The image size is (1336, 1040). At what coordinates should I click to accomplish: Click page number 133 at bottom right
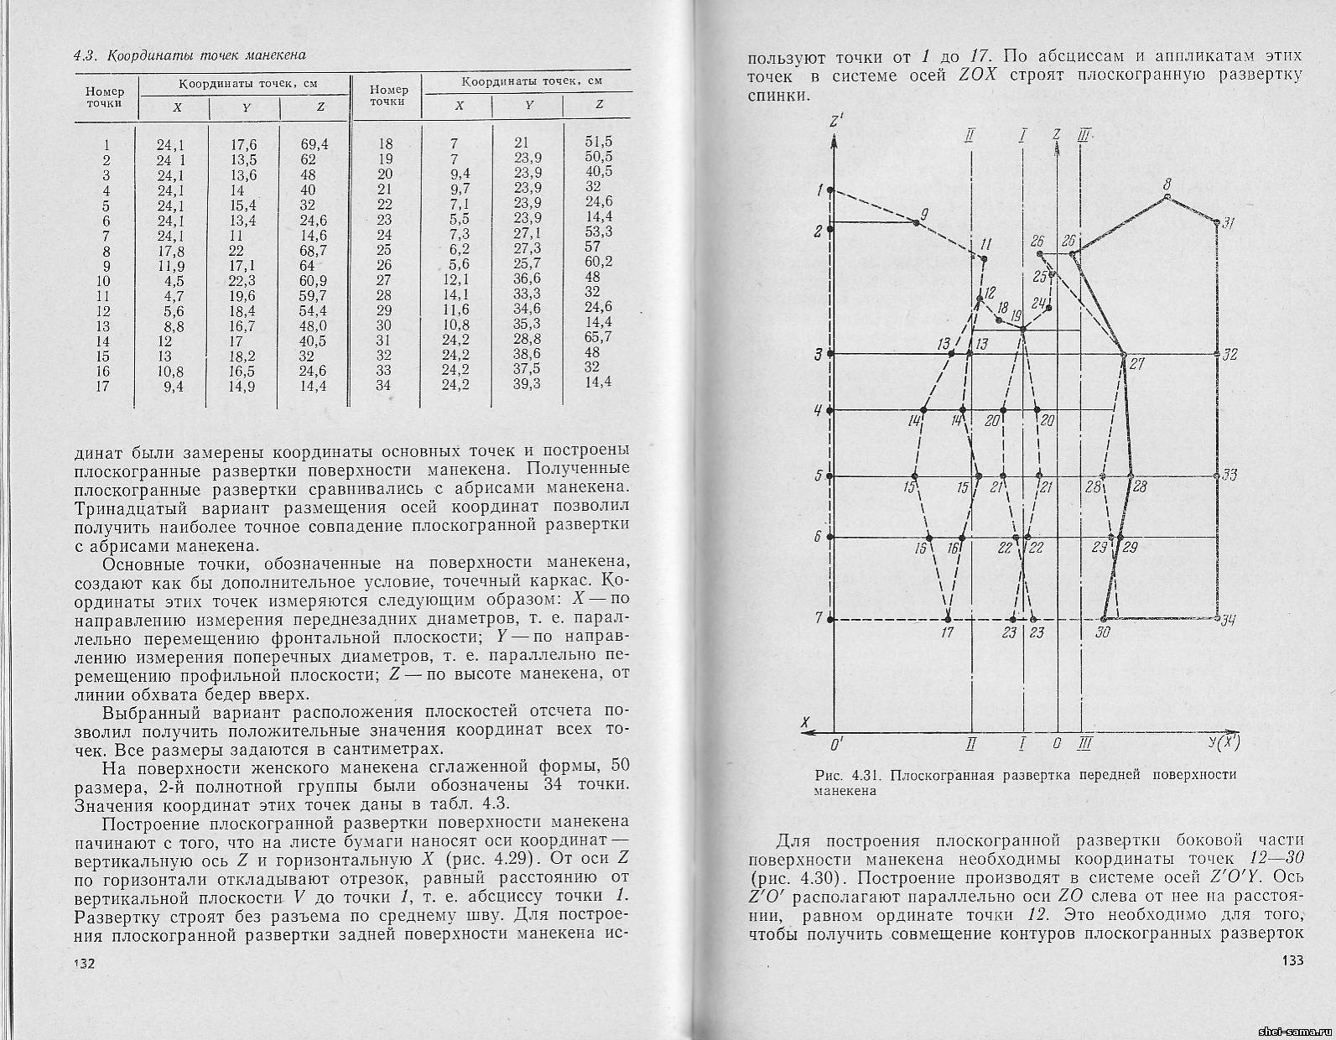click(1292, 962)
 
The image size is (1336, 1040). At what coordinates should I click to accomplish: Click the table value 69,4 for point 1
click(315, 144)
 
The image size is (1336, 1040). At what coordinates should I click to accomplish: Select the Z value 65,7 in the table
click(598, 336)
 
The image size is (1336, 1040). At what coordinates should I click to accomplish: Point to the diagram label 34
click(1229, 621)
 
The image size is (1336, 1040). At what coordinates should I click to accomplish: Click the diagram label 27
click(1137, 365)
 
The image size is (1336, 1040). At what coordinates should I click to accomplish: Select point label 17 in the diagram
click(948, 633)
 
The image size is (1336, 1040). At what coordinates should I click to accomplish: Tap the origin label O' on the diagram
click(836, 743)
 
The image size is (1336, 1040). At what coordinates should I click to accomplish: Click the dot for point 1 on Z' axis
click(830, 191)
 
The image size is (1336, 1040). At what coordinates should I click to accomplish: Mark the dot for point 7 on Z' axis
click(830, 620)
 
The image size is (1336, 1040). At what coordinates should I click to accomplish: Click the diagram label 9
click(923, 215)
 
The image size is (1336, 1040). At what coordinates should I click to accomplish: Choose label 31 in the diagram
click(1229, 223)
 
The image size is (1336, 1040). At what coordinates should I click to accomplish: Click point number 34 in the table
click(387, 385)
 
